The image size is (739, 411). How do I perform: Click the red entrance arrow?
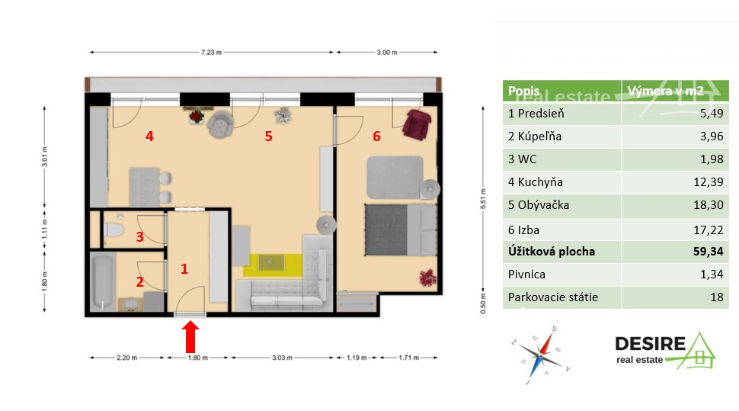[x=190, y=336]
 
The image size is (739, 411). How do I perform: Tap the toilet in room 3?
[x=114, y=230]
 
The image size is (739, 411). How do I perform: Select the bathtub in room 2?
[x=102, y=282]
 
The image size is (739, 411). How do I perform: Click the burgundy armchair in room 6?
[x=417, y=124]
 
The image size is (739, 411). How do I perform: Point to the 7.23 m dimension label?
[x=211, y=53]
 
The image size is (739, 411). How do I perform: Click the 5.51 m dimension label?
[x=482, y=199]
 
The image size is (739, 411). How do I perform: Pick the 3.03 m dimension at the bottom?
[x=282, y=358]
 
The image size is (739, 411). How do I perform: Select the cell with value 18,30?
[x=675, y=205]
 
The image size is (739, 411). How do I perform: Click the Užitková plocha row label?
[x=552, y=252]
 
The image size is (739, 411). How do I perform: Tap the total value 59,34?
[x=708, y=252]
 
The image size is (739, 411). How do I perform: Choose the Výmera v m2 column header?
[x=665, y=91]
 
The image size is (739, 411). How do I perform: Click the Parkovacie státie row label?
[x=553, y=297]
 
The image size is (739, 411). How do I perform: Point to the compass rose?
[x=541, y=355]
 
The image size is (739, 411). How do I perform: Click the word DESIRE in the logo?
[x=650, y=344]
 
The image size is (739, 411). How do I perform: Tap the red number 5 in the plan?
[x=268, y=136]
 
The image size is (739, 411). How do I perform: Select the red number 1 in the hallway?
[x=184, y=269]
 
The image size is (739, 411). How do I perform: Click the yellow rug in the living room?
[x=273, y=265]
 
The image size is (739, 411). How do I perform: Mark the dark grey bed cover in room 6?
[x=386, y=230]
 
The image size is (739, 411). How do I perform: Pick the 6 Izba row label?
[x=523, y=230]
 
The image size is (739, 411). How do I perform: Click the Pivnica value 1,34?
[x=712, y=275]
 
